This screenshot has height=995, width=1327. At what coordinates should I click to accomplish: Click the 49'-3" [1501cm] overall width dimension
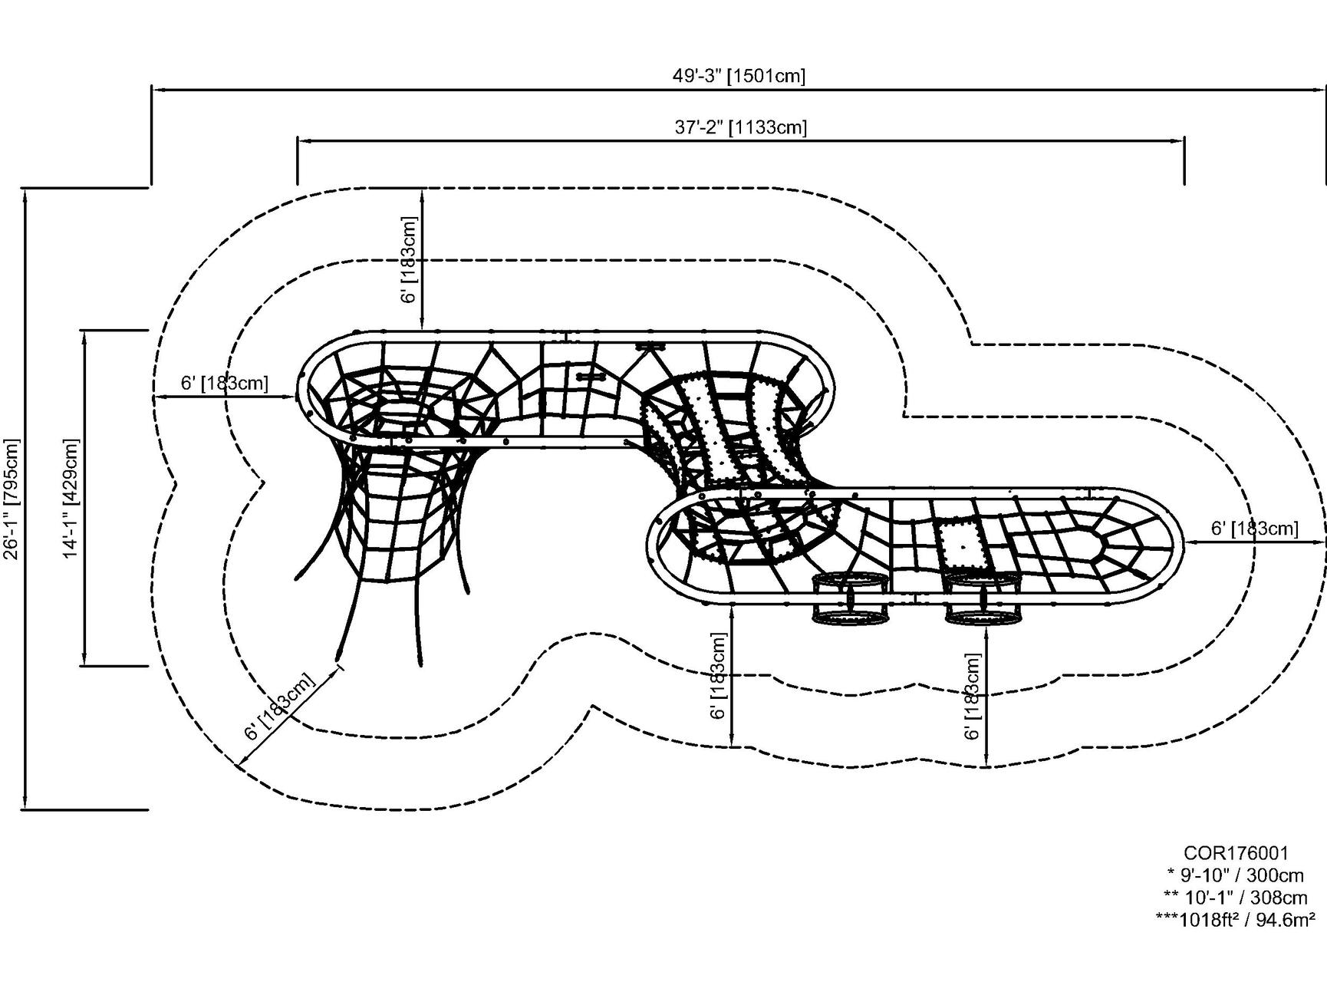click(739, 76)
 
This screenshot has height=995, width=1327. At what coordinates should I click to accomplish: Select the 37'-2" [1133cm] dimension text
click(741, 127)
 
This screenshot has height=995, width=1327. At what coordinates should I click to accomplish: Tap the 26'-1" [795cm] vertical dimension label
click(12, 499)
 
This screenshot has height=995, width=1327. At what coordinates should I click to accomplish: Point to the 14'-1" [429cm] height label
click(71, 499)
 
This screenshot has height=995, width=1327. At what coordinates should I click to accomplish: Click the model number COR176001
click(1236, 853)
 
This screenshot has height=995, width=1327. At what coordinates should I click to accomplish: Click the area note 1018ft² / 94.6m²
click(1236, 920)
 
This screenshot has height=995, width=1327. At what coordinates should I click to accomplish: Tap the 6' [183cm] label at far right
click(1254, 529)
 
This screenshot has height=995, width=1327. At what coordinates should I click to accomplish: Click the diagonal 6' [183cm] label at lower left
click(280, 707)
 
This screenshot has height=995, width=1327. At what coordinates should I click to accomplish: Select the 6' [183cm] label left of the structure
click(224, 383)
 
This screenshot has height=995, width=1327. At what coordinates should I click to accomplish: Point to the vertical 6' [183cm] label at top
click(410, 259)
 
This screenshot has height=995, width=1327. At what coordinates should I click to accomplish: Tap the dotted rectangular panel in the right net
click(961, 545)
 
